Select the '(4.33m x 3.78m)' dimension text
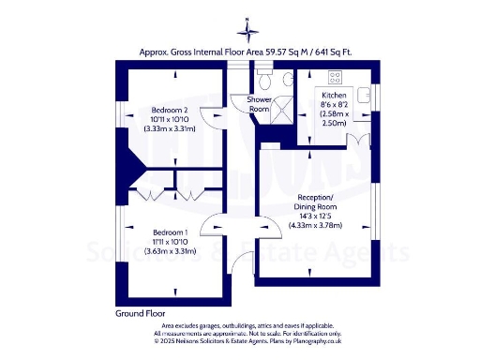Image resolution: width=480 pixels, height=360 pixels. (317, 226)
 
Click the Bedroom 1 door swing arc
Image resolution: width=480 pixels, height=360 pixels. (217, 228)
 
